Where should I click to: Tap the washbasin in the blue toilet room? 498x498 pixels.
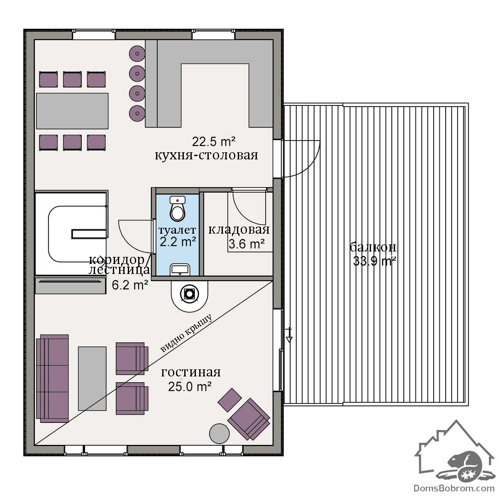pos(180,270)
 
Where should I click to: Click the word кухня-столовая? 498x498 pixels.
pos(206,156)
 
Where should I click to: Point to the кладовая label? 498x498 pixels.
pos(239,229)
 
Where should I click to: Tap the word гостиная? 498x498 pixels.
pos(191,373)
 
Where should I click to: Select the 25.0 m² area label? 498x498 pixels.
pos(190,387)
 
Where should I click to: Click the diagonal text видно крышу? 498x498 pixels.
pos(186,334)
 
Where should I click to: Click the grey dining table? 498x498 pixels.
pos(72,111)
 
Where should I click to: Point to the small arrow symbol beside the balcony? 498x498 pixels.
pos(289,335)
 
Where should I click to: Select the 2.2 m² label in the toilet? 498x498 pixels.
pos(178,242)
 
